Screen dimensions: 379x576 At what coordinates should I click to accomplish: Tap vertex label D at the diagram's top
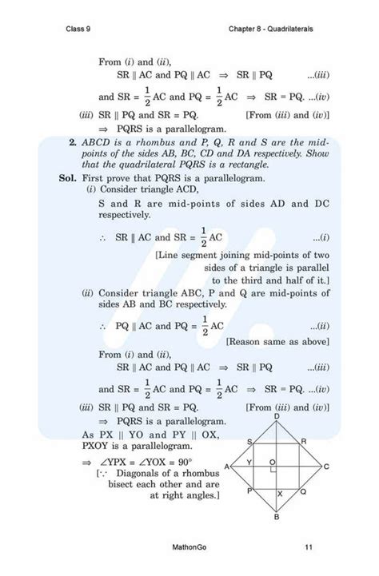point(277,416)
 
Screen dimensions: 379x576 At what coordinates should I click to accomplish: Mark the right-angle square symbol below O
point(273,471)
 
